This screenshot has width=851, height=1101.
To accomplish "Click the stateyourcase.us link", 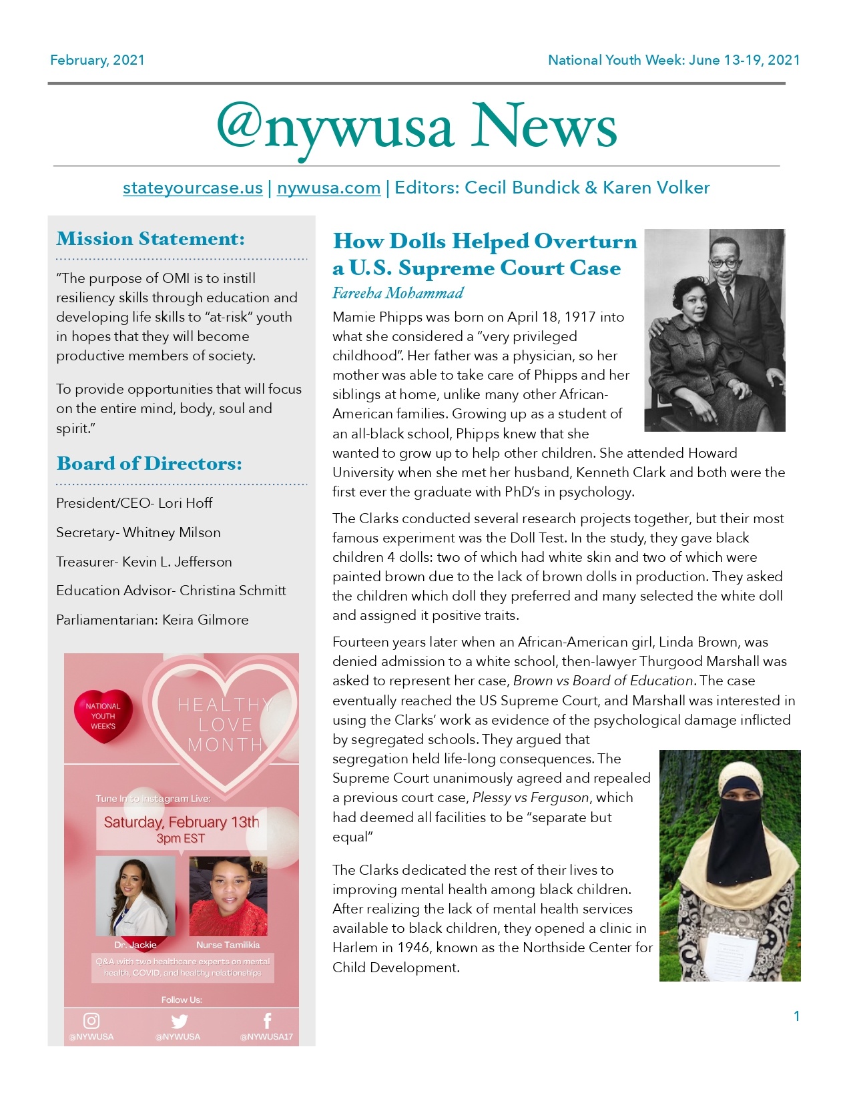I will pos(192,188).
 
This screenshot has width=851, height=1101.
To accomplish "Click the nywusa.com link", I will pos(328,188).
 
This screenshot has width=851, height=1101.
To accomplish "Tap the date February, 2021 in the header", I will pos(97,60).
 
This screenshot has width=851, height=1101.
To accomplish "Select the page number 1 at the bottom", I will pos(796,1016).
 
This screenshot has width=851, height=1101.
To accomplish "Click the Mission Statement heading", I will pos(150,239).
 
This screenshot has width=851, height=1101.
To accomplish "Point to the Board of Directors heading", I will pos(149,464).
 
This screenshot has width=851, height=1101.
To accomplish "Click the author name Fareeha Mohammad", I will pos(398,293).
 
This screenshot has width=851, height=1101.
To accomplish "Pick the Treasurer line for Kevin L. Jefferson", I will pos(144,562).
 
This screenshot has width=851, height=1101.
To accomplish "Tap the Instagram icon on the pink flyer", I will pos(91,1021).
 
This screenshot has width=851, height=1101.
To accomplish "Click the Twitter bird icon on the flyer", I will pos(179,1021).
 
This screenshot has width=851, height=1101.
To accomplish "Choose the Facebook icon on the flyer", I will pos(267,1021).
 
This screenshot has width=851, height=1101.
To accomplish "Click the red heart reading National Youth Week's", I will pos(103,715).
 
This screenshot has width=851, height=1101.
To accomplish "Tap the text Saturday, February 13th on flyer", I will pos(181,822).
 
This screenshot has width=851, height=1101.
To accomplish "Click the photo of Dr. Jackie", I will pos(135,896).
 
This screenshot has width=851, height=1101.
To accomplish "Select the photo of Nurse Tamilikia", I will pos(228,896).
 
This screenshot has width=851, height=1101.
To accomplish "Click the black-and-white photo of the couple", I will pos(714,330).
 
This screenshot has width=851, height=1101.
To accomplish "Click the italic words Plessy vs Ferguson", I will pos(531,798).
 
